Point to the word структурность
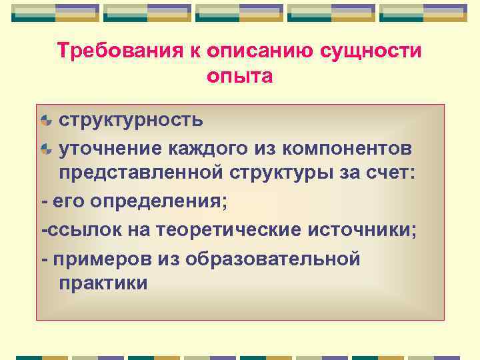pos(131,120)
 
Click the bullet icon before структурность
pos(46,121)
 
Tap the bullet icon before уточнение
pos(46,147)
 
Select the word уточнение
pos(114,147)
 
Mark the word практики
pos(103,283)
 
